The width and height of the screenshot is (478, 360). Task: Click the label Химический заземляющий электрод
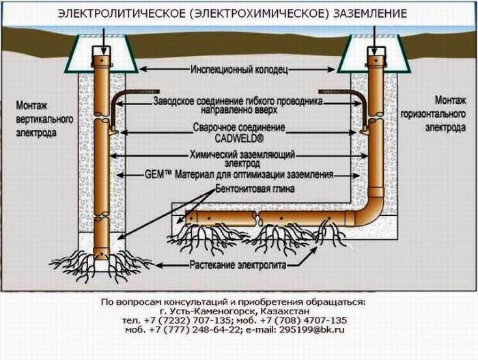click(x=240, y=159)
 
